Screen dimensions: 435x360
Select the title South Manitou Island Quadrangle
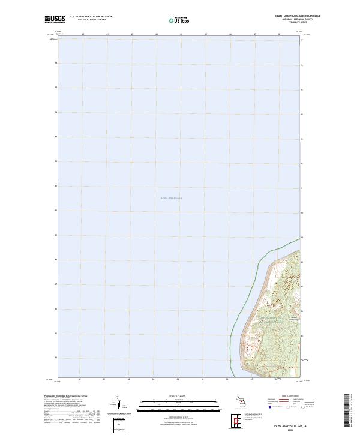[298, 16]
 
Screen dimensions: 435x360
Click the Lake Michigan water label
[172, 197]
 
